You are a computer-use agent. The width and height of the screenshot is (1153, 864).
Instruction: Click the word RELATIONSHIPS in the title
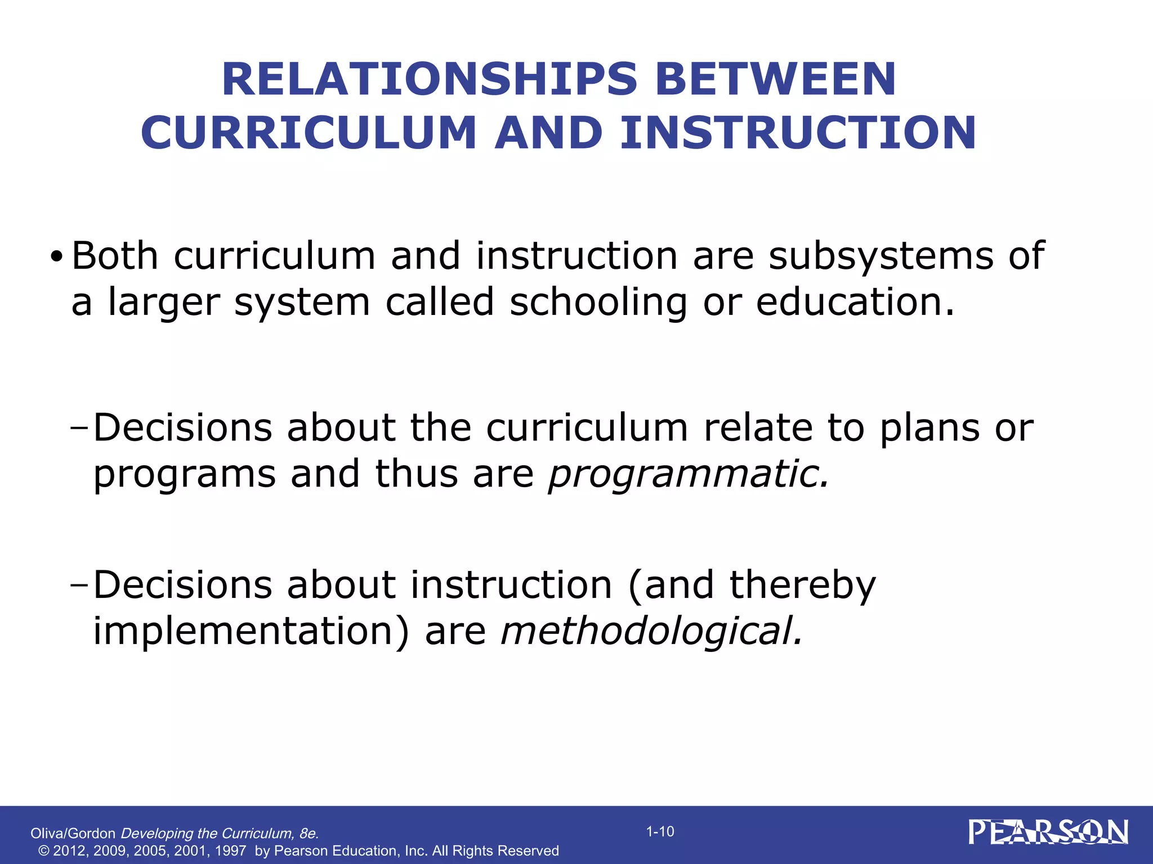click(x=430, y=79)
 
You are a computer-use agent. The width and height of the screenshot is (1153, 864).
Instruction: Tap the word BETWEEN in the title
click(x=775, y=79)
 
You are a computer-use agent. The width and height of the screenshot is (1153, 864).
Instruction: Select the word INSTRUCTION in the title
click(x=798, y=133)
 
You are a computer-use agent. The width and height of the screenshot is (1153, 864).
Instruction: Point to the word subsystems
click(x=881, y=256)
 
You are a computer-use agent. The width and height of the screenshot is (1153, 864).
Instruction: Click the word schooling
click(x=598, y=303)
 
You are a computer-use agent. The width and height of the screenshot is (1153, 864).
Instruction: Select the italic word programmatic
click(x=689, y=474)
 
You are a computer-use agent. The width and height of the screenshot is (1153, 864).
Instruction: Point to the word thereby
click(x=802, y=585)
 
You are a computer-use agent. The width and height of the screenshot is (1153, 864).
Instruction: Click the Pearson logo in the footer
click(x=1048, y=832)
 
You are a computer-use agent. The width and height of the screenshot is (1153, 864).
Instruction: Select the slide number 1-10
click(x=660, y=831)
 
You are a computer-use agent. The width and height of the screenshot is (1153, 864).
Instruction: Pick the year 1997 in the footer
click(x=230, y=851)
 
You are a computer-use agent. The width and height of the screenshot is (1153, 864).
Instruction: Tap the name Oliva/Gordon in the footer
click(x=73, y=833)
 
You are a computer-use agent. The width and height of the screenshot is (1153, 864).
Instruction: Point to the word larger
click(x=163, y=303)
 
